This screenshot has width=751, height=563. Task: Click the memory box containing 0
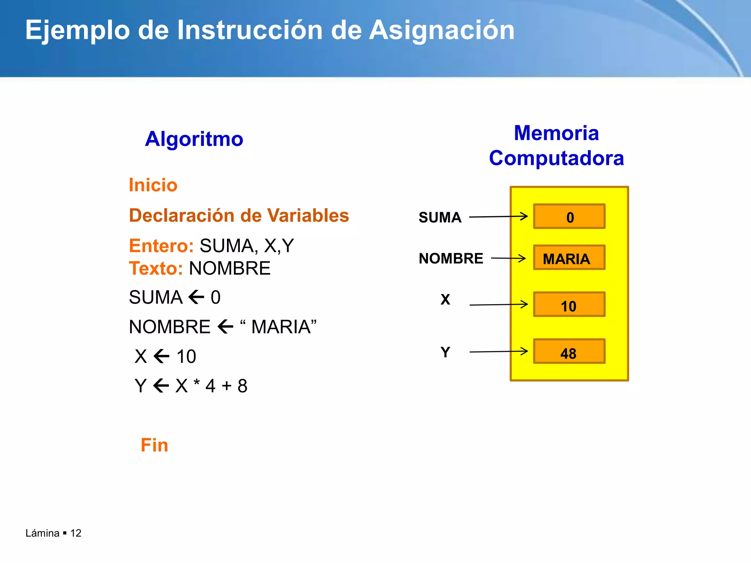click(x=569, y=217)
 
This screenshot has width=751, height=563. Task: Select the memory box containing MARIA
click(x=569, y=258)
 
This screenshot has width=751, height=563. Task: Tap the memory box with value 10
click(x=569, y=305)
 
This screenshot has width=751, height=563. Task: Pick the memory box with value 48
click(x=569, y=352)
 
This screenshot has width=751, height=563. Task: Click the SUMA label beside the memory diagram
click(x=440, y=217)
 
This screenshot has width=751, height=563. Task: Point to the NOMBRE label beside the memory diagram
click(x=451, y=258)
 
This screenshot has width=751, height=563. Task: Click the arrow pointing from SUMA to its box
click(x=498, y=217)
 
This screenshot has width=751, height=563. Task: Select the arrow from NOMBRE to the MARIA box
click(x=508, y=258)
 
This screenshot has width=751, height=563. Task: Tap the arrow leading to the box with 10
click(x=499, y=305)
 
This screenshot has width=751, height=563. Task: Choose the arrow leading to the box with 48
click(x=499, y=352)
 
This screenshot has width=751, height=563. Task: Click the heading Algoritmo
click(x=194, y=139)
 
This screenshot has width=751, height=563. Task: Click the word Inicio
click(x=153, y=185)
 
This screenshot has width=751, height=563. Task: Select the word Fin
click(x=154, y=445)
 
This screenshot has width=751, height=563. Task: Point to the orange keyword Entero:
click(x=161, y=246)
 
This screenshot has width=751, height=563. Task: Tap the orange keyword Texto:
click(x=156, y=268)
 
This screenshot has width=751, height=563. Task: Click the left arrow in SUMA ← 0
click(x=197, y=297)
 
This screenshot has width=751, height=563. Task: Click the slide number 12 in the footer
click(x=76, y=533)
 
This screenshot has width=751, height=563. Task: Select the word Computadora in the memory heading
click(x=556, y=158)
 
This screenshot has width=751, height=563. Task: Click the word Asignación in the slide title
click(x=442, y=30)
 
